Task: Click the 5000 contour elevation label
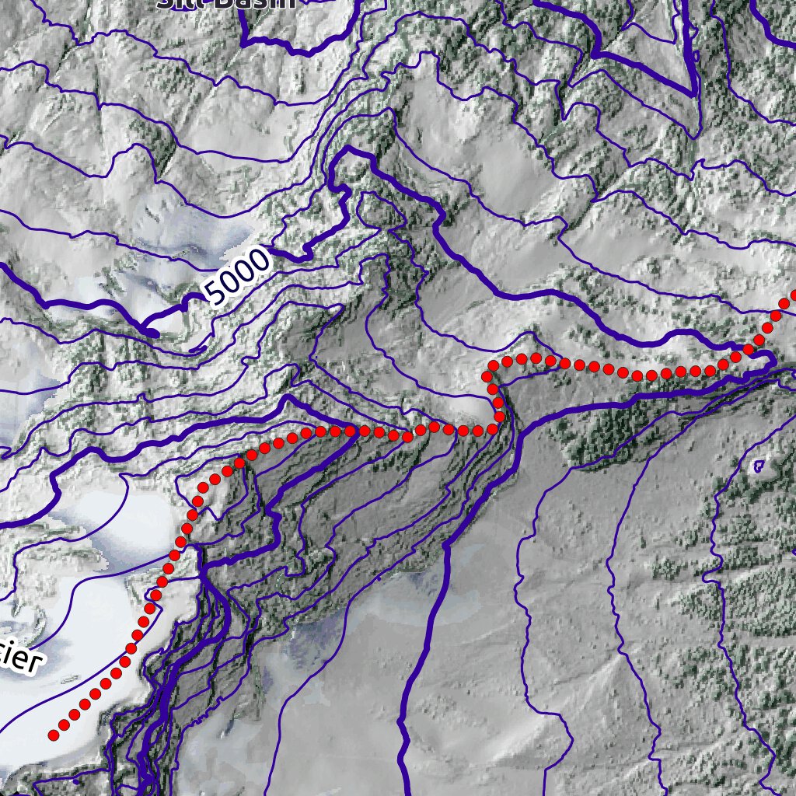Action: click(238, 277)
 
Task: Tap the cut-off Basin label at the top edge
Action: click(225, 3)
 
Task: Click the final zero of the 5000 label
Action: click(260, 259)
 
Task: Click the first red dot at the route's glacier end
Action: click(54, 734)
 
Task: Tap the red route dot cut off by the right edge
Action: click(793, 296)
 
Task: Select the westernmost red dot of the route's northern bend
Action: click(491, 376)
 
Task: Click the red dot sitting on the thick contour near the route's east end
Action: click(749, 351)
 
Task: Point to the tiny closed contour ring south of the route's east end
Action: click(759, 466)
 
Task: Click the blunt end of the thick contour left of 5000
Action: click(153, 333)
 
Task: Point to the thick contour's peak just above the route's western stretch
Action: click(288, 398)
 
